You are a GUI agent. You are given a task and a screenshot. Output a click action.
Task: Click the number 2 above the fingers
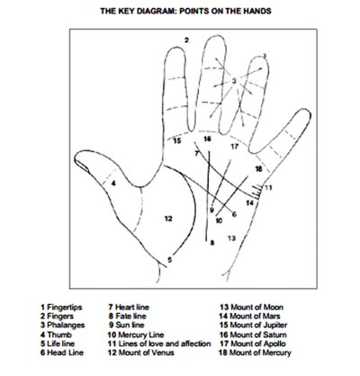(187, 40)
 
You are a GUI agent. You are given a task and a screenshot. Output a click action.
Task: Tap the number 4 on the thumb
(114, 183)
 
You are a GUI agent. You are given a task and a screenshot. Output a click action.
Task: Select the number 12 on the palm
(167, 219)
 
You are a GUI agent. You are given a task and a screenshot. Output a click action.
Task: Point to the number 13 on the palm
(231, 237)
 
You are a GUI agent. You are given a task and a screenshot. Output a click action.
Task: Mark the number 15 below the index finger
(177, 141)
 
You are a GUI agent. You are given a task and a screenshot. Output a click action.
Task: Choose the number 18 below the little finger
(258, 168)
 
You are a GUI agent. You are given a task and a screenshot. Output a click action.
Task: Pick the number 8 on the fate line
(211, 243)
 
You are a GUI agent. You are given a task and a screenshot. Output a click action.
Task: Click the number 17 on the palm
(234, 145)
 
